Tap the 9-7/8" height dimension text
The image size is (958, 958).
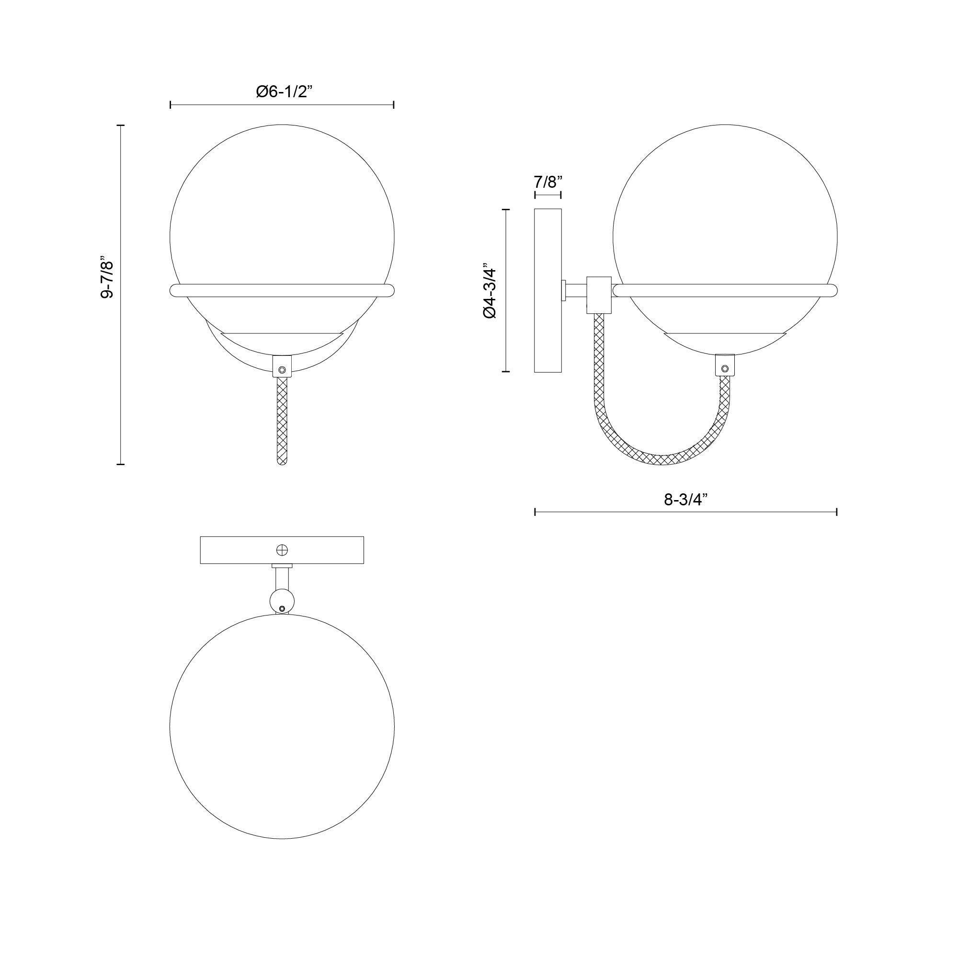tap(107, 277)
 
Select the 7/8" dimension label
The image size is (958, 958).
tap(547, 182)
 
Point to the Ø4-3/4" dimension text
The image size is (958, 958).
tap(490, 291)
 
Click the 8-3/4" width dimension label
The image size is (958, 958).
tap(685, 500)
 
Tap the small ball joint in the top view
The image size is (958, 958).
tap(281, 601)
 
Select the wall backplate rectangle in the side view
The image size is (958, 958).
tap(547, 291)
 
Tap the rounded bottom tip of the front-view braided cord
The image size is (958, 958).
tap(282, 461)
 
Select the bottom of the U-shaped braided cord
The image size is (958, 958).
tap(661, 460)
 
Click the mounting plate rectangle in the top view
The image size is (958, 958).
tap(238, 550)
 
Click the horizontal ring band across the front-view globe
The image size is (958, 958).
tap(282, 291)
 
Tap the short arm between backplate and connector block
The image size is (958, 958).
tap(575, 291)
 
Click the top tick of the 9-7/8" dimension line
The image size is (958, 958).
tap(120, 125)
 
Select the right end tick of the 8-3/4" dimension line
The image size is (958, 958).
tap(836, 512)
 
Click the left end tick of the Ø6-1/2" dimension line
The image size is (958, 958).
tap(171, 104)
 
